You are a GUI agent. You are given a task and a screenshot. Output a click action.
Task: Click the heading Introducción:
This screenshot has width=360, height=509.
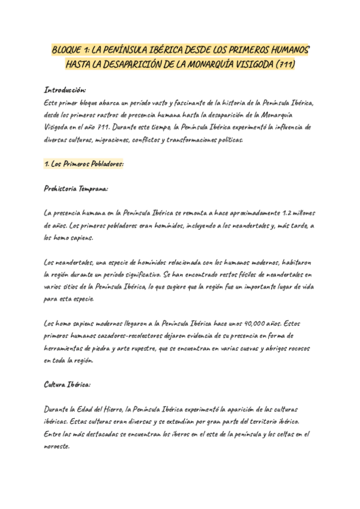click(65, 89)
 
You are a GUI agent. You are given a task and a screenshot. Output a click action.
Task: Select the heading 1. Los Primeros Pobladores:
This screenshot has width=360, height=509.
click(83, 164)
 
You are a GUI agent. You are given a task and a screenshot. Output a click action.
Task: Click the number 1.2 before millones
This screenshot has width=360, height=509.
click(289, 213)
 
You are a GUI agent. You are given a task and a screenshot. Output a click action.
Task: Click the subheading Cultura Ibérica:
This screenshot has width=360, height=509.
click(67, 384)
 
